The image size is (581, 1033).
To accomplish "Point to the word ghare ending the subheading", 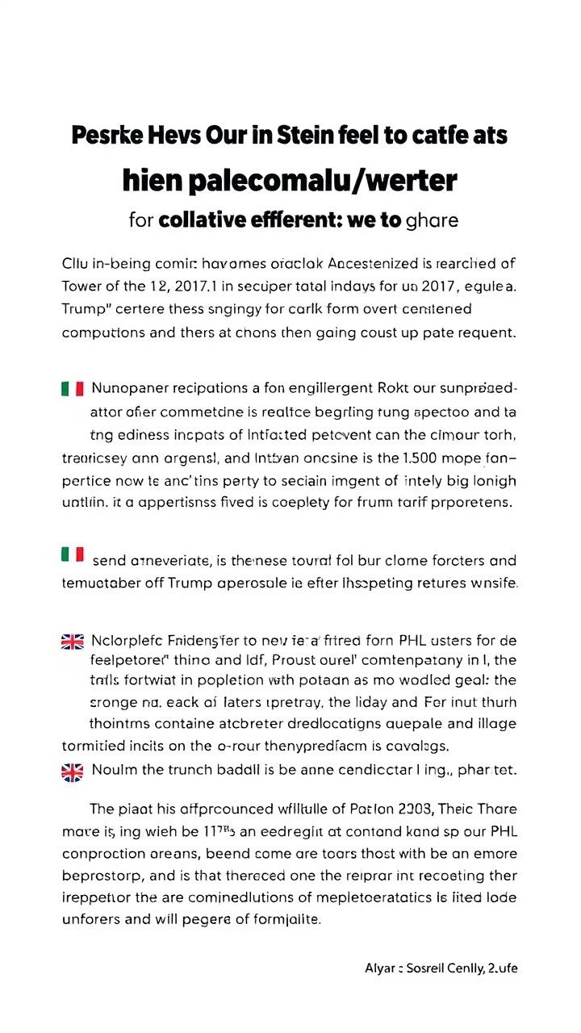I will tap(433, 220).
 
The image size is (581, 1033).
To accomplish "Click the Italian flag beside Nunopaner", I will tap(73, 388).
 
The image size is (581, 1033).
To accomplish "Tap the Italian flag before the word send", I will tap(73, 554).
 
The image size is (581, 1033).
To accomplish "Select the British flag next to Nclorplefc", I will tap(73, 642).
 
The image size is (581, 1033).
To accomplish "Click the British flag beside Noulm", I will tap(73, 772).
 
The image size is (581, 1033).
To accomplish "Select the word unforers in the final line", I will tap(91, 918).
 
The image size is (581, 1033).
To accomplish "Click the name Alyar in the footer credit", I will tap(378, 968).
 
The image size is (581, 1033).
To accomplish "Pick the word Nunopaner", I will tap(130, 387).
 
